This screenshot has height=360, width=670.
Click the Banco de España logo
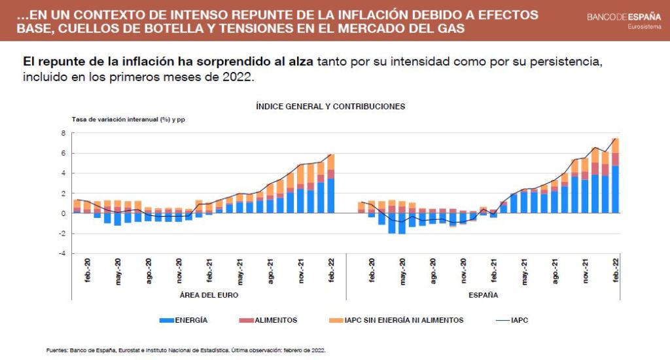point(624,16)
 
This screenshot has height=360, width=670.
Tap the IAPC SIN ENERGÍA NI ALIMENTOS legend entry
point(395,320)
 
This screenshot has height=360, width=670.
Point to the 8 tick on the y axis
point(63,134)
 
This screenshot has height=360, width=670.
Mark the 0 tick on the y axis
point(63,213)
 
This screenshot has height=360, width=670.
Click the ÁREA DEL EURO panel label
point(209,295)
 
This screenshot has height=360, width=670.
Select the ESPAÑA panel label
point(484,295)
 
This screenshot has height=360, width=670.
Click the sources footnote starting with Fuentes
point(186,350)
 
